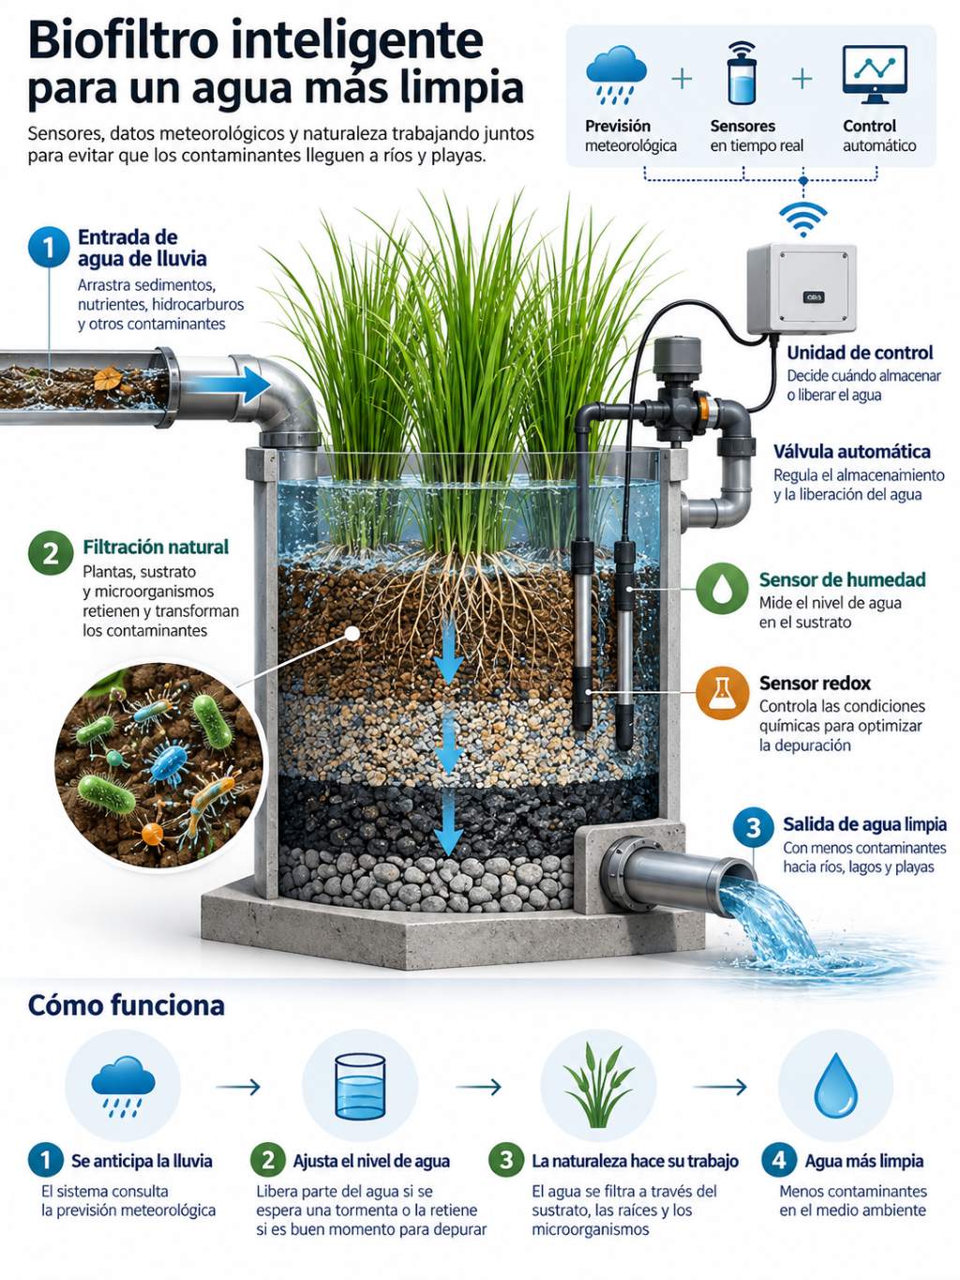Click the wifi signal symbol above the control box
pos(803,218)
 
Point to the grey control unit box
pos(802,289)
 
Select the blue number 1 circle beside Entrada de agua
pos(49,248)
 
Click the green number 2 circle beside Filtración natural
pos(51,553)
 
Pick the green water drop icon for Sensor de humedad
pos(723,588)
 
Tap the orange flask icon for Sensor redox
pos(723,693)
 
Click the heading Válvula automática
pos(851,452)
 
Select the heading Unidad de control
pos(860,353)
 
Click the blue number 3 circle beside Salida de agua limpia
pos(754,828)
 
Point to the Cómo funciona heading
pos(126,1005)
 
